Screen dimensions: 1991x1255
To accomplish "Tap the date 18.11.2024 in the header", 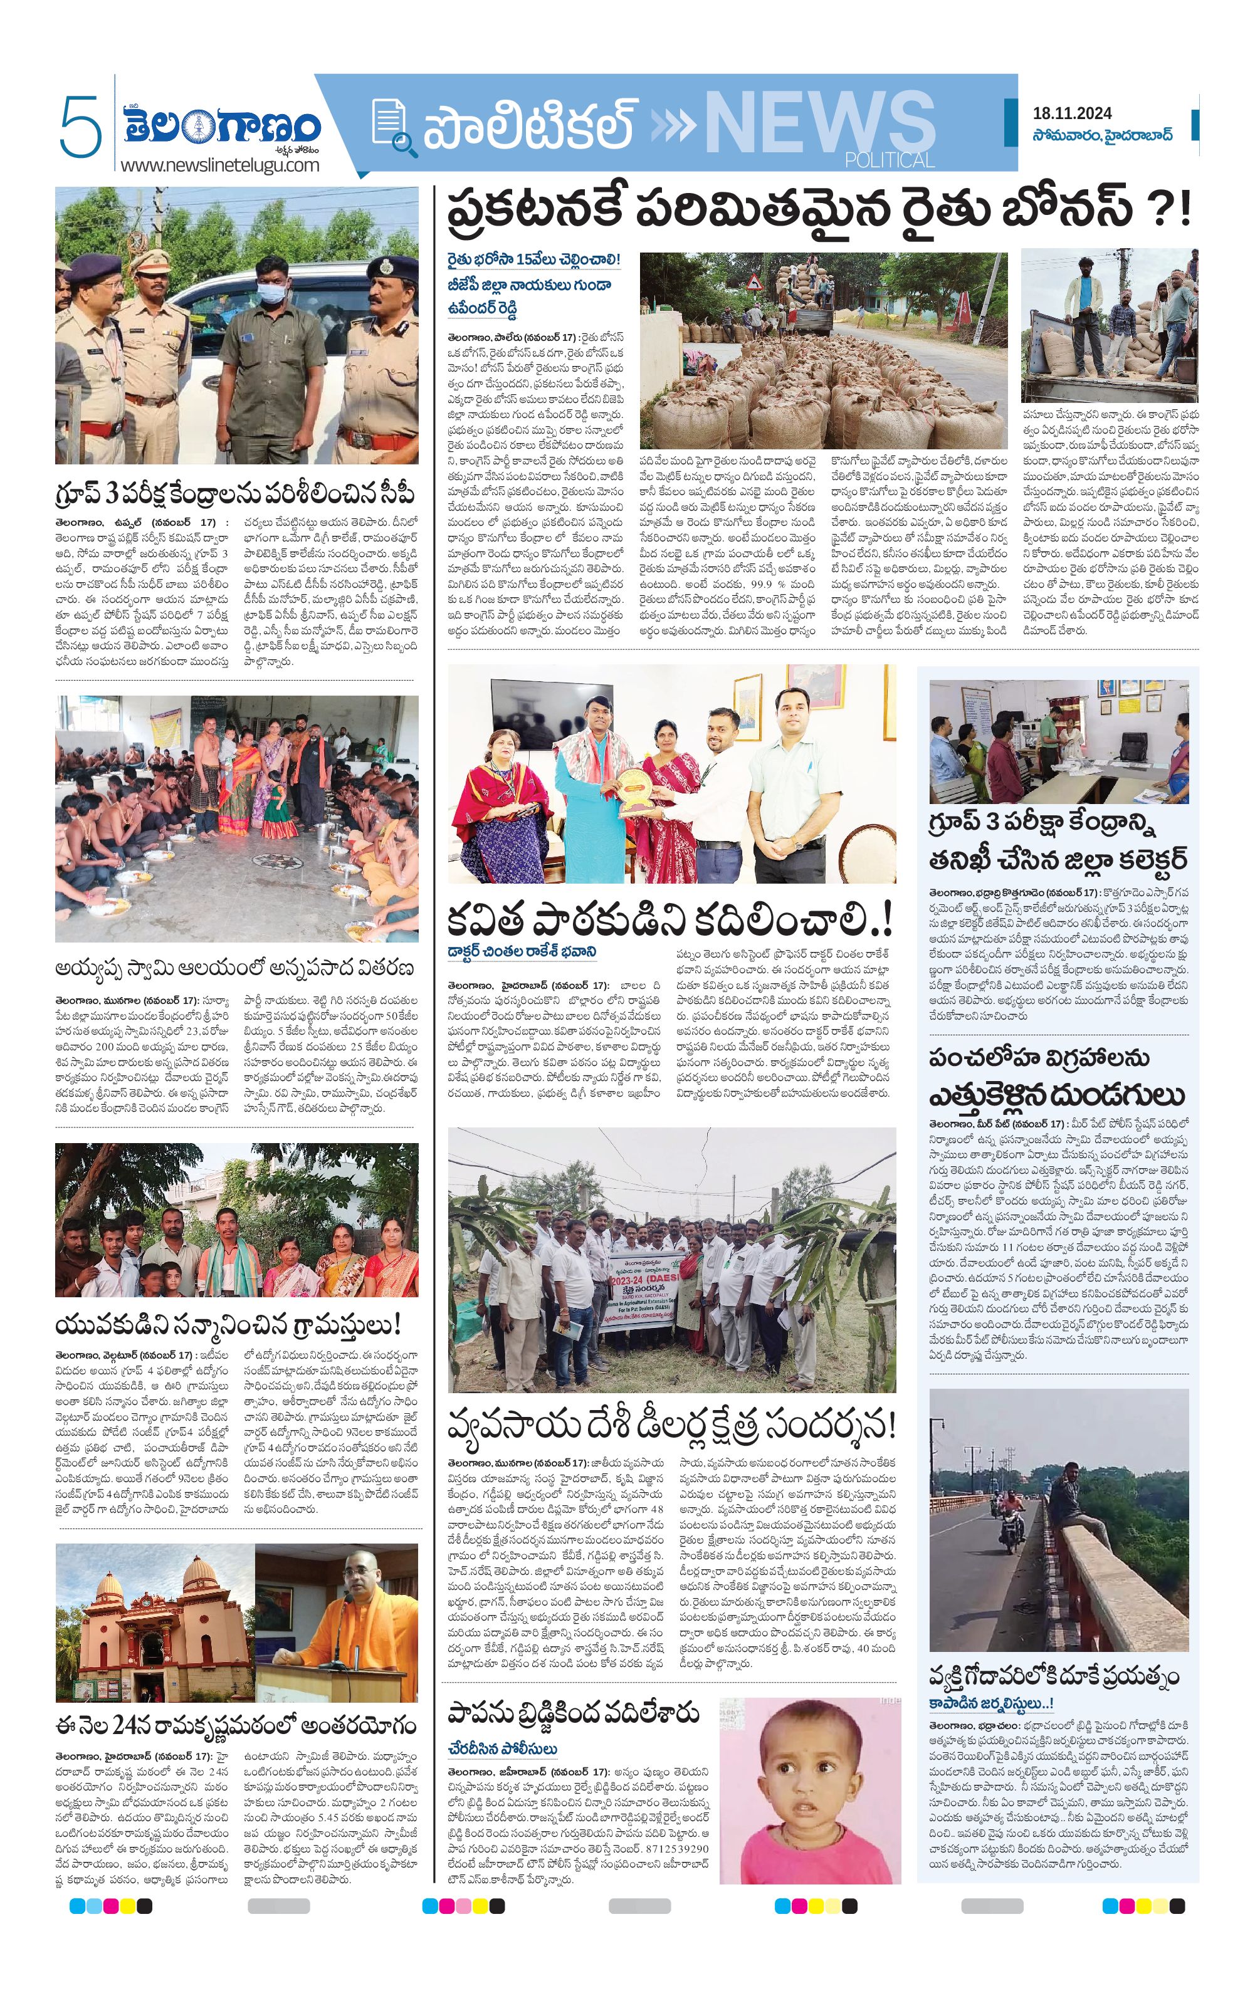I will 1071,113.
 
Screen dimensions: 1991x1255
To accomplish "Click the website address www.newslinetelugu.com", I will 219,165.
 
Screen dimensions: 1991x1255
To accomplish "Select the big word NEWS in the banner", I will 819,124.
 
